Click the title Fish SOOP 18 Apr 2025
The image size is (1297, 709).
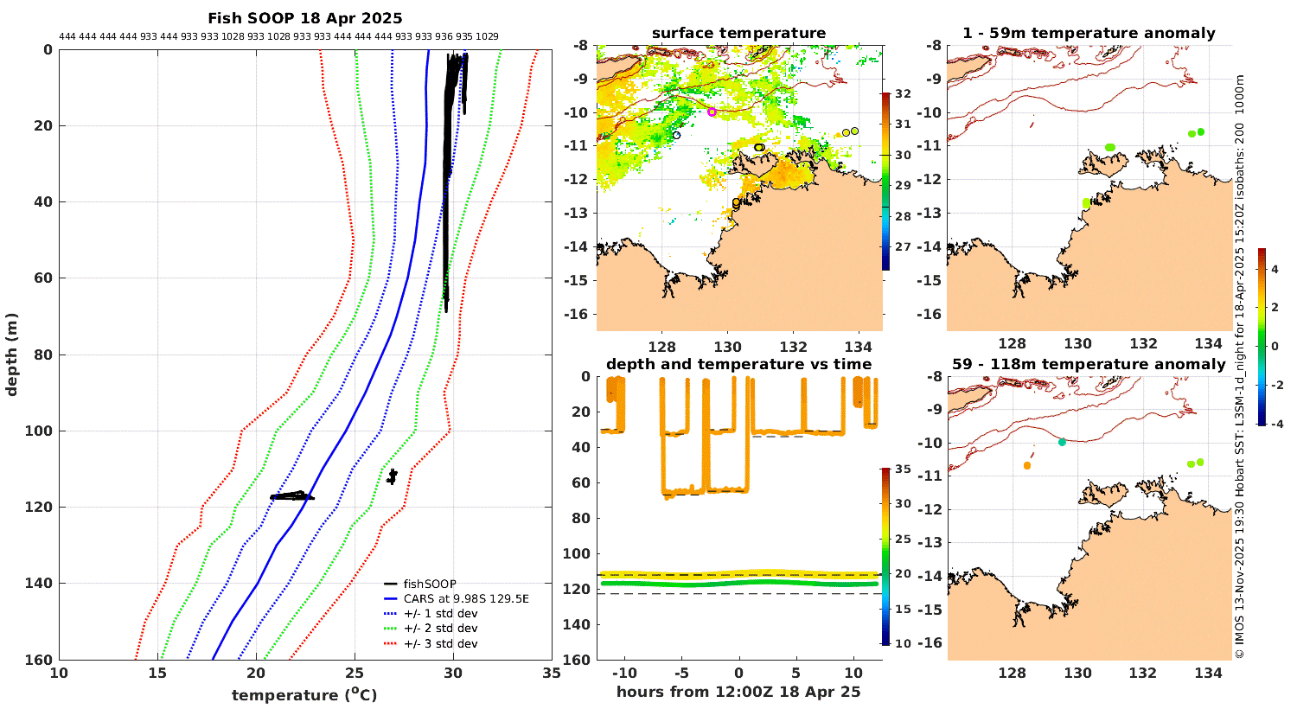304,18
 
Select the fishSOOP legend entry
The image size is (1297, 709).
430,584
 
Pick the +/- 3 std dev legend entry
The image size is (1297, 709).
440,644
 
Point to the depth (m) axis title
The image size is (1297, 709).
11,355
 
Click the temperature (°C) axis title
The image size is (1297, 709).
304,695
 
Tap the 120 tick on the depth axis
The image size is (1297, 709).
42,508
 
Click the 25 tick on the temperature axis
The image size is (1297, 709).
355,674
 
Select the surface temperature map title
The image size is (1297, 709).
738,34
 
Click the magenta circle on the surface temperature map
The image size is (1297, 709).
712,112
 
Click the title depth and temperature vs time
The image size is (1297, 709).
738,364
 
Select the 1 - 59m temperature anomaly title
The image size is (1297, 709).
1089,34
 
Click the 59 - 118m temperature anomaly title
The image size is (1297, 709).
1089,364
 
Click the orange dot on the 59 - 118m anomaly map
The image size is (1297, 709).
1027,465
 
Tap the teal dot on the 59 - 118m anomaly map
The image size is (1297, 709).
1062,442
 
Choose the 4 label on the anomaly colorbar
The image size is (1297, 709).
1275,270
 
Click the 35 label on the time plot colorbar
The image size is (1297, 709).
902,470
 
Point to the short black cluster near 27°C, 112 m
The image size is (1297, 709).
392,476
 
